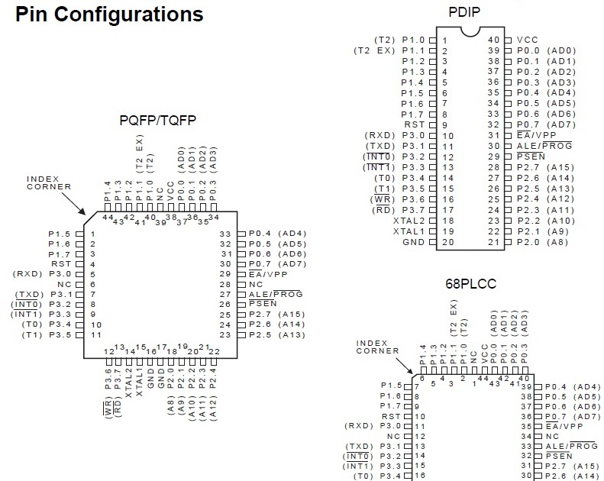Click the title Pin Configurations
pos(109,14)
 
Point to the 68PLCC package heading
pos(471,284)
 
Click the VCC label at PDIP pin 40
pos(528,40)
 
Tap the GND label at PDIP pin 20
pos(413,242)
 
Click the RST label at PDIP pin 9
pos(414,124)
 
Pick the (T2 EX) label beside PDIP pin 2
pos(373,50)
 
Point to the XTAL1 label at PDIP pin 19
pos(409,231)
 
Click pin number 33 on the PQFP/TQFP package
pos(225,234)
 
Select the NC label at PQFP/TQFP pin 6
pos(65,284)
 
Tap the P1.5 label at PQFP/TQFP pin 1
pos(60,234)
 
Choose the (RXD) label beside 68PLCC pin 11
pos(359,425)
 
